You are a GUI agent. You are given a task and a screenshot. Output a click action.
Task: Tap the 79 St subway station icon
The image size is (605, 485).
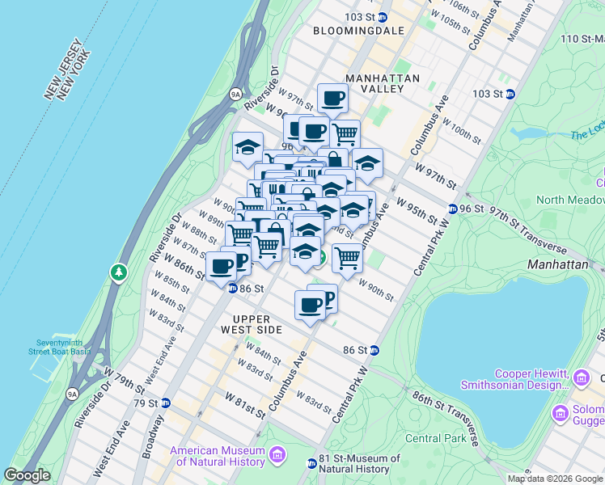point(165,403)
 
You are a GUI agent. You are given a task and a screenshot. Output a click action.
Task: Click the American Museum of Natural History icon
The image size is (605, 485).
point(277,455)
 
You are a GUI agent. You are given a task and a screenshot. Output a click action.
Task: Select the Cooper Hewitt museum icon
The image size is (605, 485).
point(581,377)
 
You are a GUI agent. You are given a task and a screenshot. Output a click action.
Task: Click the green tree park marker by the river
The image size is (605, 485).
point(119,272)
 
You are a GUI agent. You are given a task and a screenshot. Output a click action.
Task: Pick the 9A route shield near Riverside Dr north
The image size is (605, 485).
point(235,94)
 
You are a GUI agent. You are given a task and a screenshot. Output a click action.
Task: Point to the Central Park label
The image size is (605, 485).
point(434,438)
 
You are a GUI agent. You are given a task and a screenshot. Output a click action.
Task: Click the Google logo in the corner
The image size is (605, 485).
point(27,475)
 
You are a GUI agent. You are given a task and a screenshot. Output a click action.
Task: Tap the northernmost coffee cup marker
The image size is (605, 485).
point(332,99)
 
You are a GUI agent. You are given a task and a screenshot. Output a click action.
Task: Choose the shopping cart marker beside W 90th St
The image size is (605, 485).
point(347,259)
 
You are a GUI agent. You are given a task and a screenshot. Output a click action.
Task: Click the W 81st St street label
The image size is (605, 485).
point(245,406)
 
